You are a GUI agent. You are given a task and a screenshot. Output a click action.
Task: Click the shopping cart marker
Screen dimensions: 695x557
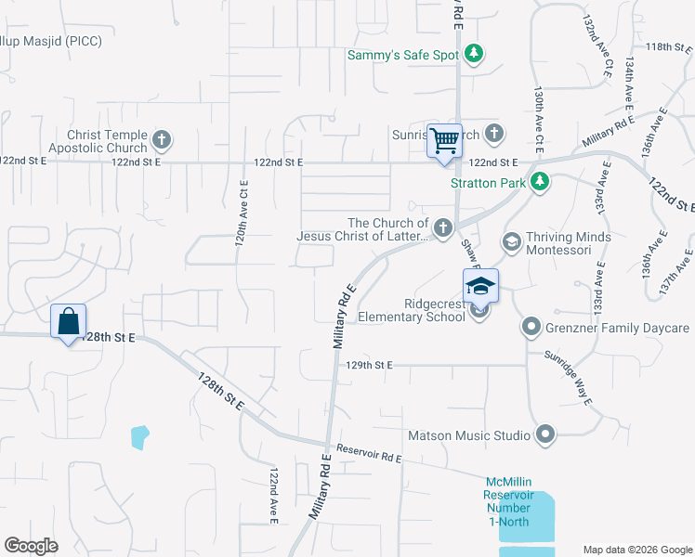point(444,141)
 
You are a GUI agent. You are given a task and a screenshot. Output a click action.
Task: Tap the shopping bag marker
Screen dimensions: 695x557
point(69,321)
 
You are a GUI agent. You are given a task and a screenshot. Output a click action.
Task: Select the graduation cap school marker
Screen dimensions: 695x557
point(481,285)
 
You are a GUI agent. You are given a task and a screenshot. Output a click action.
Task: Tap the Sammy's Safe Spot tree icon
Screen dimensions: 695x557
point(474,54)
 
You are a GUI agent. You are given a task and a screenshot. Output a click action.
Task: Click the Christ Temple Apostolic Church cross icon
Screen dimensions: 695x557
point(162,141)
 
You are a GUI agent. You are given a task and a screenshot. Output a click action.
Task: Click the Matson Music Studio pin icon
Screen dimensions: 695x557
point(545,434)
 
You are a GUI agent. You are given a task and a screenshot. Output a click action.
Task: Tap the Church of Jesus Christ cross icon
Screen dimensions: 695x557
point(444,227)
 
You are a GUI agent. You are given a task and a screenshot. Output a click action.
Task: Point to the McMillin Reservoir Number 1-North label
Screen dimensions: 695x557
point(508,501)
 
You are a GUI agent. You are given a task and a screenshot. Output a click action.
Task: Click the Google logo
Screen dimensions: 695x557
point(32,545)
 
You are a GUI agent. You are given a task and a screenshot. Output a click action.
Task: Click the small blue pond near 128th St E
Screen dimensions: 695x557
point(139,436)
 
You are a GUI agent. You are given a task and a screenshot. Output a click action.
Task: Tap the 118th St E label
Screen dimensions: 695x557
point(664,46)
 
